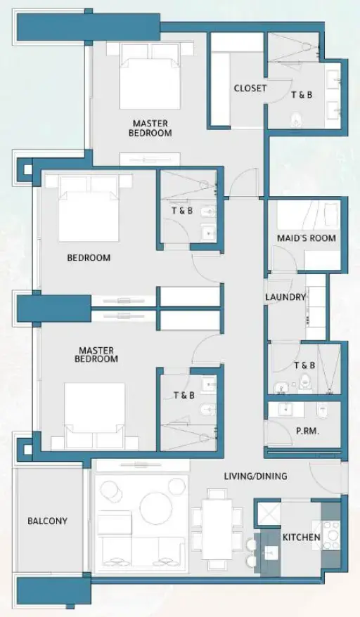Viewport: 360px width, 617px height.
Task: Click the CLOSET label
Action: (x=250, y=88)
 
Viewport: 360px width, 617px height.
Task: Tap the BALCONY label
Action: (x=48, y=521)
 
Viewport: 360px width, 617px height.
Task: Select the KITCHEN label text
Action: (x=302, y=538)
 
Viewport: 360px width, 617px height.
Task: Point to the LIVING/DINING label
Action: (x=255, y=476)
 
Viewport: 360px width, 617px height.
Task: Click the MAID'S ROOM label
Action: (x=307, y=238)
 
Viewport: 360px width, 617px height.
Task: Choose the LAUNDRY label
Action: (x=285, y=297)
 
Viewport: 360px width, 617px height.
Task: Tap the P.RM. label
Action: (x=308, y=431)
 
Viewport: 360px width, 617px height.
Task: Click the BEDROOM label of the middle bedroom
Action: (x=89, y=258)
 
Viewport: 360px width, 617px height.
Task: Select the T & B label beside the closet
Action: (x=303, y=93)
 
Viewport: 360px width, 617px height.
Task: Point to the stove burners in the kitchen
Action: (x=331, y=538)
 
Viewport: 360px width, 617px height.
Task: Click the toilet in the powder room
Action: (x=323, y=410)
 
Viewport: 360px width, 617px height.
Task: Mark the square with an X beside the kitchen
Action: (x=267, y=514)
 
